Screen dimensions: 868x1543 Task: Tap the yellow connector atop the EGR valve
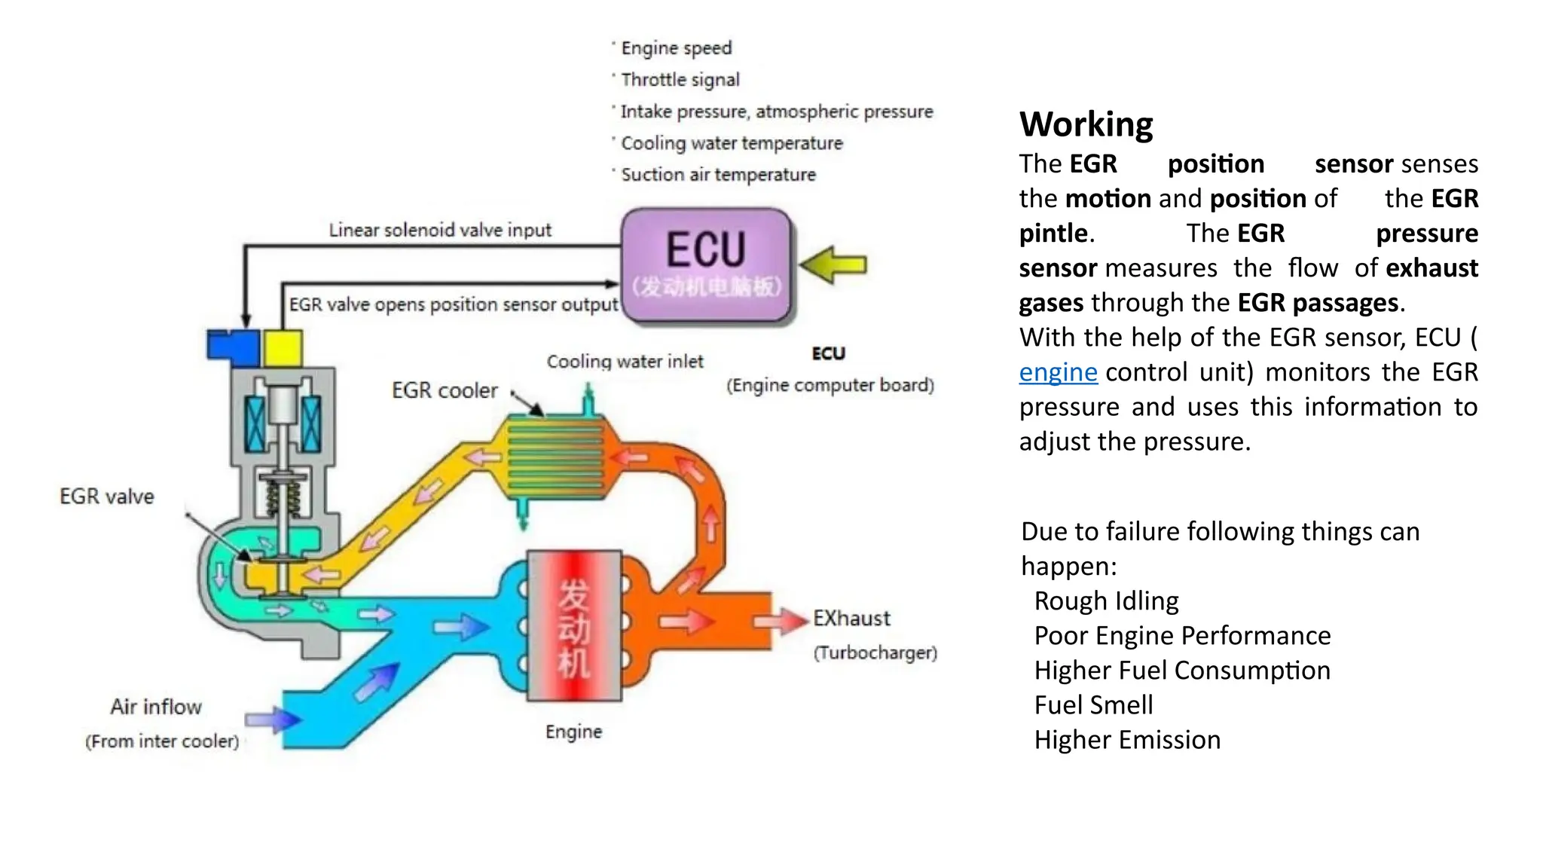(x=283, y=348)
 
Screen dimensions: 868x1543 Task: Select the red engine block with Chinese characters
(x=574, y=625)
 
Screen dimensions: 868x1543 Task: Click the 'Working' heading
(x=1086, y=124)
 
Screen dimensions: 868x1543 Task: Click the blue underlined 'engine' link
(x=1058, y=372)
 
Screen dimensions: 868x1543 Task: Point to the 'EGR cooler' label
(x=445, y=390)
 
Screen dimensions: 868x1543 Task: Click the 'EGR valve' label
(x=107, y=497)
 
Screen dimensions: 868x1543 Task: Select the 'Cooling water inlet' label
(x=625, y=362)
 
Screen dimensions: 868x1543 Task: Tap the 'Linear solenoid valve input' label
(x=440, y=230)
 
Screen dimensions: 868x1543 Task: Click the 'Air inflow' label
(x=156, y=707)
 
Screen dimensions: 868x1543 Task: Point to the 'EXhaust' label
(x=851, y=619)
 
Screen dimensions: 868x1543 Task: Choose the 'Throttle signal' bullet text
(x=680, y=80)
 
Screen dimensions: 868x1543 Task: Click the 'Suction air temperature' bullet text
(x=718, y=175)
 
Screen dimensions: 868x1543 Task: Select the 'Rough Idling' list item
(x=1106, y=601)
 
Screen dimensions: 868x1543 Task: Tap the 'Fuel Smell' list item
(x=1093, y=705)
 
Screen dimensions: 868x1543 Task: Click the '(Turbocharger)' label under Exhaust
(x=875, y=653)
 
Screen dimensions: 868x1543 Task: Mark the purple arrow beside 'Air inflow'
(x=273, y=720)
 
